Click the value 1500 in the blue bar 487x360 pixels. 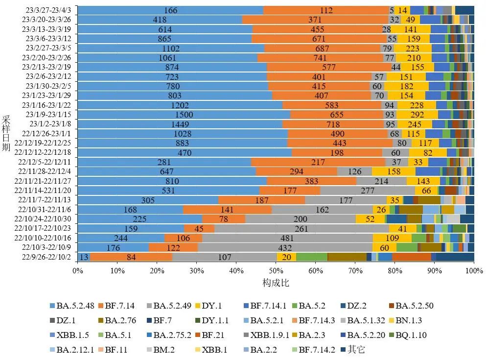[x=185, y=114]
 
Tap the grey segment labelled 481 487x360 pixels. [x=288, y=238]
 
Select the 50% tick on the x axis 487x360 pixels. [x=276, y=270]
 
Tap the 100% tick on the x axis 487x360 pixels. [x=474, y=270]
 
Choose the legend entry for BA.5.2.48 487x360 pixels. [x=73, y=306]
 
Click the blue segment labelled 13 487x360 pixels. [x=84, y=257]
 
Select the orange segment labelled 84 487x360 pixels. [x=131, y=257]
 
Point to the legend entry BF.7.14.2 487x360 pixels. [x=316, y=350]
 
